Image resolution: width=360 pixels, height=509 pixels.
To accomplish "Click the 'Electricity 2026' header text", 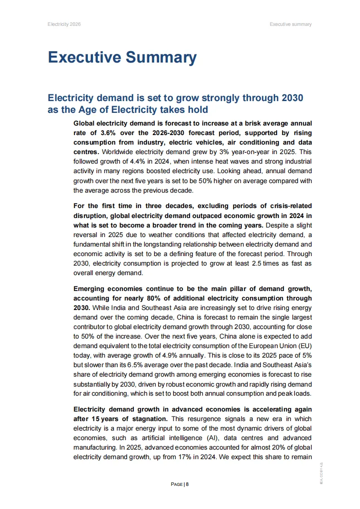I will (x=64, y=24).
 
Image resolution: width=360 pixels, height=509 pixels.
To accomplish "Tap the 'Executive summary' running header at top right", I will (x=291, y=24).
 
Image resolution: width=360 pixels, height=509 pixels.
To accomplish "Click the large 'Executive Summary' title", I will (x=122, y=58).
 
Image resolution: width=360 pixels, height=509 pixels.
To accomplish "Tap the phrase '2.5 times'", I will (x=255, y=264).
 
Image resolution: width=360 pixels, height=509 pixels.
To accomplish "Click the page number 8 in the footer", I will (x=187, y=485).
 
